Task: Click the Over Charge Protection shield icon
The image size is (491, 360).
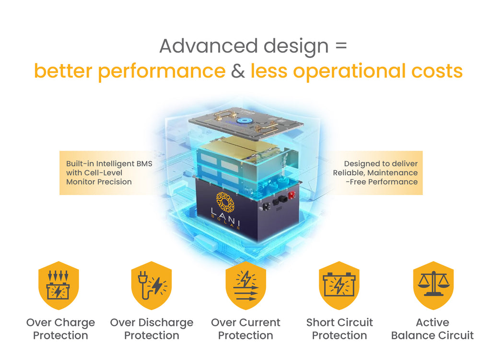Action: click(58, 285)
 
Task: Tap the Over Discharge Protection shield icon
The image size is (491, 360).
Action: click(152, 285)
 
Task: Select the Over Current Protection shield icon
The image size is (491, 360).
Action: click(246, 285)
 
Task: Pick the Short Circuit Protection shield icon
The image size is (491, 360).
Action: click(339, 285)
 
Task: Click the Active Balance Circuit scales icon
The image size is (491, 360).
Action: click(433, 285)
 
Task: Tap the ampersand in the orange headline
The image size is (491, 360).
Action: click(238, 71)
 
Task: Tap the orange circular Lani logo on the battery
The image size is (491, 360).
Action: click(225, 202)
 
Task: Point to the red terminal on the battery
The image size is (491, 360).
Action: click(291, 196)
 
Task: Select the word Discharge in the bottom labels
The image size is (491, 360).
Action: click(166, 323)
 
